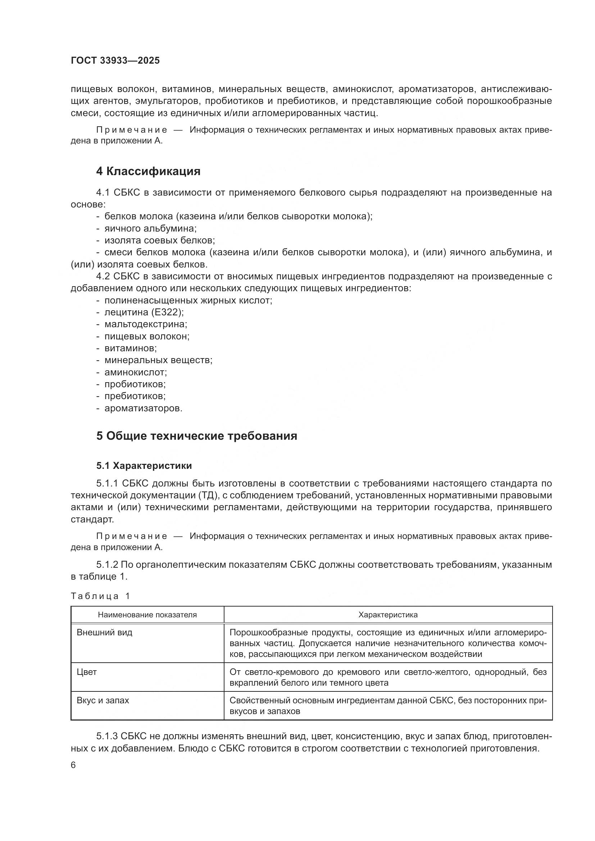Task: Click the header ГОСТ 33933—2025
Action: (115, 61)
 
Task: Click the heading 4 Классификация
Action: (148, 172)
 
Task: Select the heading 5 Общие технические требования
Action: (196, 436)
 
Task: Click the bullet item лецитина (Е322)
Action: (144, 312)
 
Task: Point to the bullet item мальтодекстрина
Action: (145, 324)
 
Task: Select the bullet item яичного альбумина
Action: (150, 228)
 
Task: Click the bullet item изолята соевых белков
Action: (159, 240)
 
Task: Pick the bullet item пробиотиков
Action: (135, 384)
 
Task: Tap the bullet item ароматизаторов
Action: (143, 408)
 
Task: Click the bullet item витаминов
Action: (131, 348)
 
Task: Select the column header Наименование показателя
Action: (147, 614)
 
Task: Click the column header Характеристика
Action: (388, 614)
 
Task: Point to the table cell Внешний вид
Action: (104, 632)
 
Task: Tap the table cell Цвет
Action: (86, 672)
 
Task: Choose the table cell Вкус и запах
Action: (103, 700)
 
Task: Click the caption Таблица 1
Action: (100, 596)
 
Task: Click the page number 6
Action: (73, 765)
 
